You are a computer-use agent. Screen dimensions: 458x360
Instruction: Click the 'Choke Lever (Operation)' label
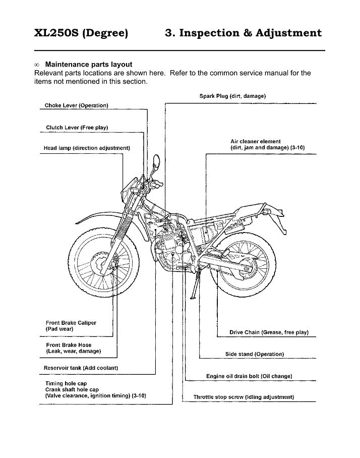pos(77,105)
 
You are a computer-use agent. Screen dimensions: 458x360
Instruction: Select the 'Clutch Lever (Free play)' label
pos(77,127)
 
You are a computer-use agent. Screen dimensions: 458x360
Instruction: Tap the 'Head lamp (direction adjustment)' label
pos(87,148)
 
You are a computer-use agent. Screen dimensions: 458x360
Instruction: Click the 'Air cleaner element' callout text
pos(255,142)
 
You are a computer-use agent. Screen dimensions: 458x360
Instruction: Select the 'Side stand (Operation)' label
pos(254,354)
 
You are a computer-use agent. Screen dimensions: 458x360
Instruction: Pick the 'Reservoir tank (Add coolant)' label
pos(81,368)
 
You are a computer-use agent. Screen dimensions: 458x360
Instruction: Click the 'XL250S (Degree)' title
pos(81,33)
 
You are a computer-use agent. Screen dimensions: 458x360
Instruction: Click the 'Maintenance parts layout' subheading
pos(89,65)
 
